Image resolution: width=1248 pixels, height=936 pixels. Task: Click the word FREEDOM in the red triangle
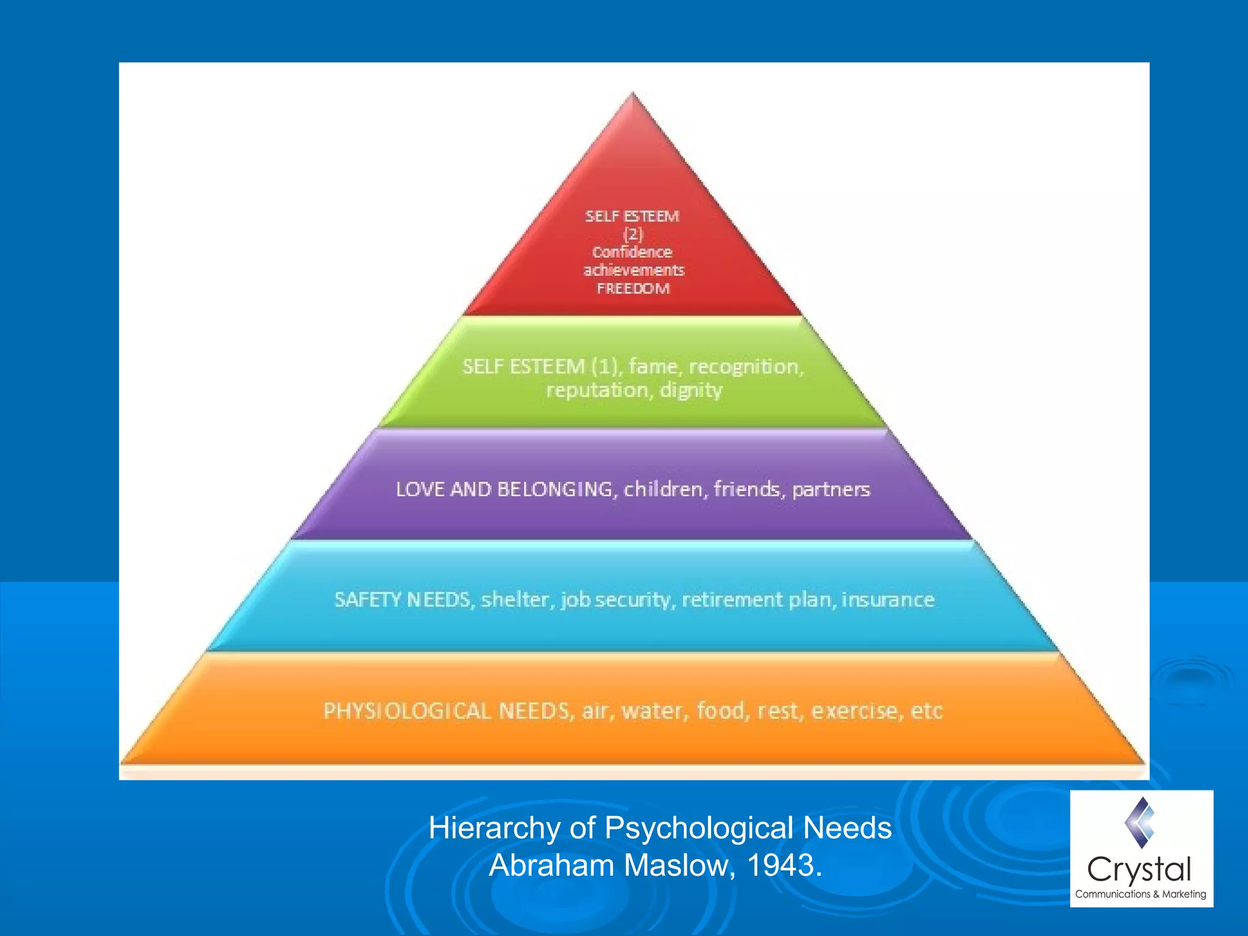tap(633, 288)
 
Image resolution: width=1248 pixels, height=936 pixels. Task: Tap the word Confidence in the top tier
tap(632, 252)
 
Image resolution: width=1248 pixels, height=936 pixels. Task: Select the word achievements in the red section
tap(634, 270)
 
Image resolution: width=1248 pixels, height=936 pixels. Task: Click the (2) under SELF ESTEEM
tap(633, 234)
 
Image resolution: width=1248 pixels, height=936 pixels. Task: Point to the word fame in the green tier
tap(653, 366)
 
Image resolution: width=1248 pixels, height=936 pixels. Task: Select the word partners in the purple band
tap(831, 489)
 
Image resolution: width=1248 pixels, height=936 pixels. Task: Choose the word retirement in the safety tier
tap(732, 600)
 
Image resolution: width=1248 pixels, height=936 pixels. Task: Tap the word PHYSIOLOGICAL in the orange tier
tap(407, 711)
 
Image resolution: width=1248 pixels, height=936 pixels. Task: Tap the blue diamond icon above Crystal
tap(1140, 823)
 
